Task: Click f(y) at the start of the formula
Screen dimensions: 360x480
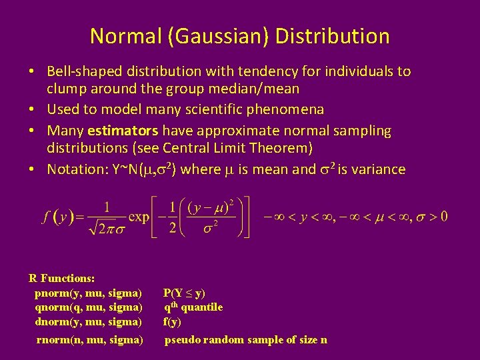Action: pyautogui.click(x=56, y=217)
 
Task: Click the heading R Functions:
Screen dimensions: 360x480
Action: pyautogui.click(x=62, y=278)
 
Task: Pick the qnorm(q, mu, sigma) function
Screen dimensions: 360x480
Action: pyautogui.click(x=88, y=307)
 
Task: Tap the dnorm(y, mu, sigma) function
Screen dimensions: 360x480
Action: pyautogui.click(x=88, y=322)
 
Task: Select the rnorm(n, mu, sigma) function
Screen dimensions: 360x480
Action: pyautogui.click(x=90, y=340)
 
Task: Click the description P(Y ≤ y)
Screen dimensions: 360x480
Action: pyautogui.click(x=185, y=293)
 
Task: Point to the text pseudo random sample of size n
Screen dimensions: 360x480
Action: pyautogui.click(x=246, y=340)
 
